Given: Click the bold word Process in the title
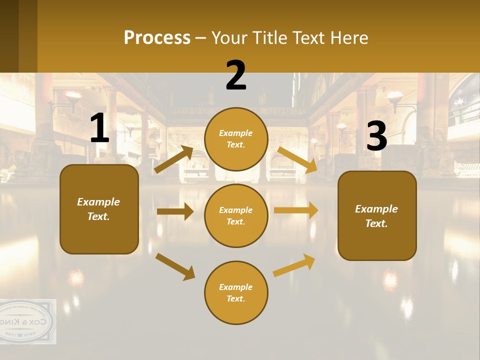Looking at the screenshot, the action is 157,38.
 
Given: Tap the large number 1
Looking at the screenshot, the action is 99,129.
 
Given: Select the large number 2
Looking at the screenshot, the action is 236,76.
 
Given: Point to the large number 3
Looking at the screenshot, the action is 376,137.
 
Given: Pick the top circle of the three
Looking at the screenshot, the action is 236,139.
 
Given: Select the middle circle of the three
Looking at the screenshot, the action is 236,215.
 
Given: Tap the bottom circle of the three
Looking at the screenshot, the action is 236,292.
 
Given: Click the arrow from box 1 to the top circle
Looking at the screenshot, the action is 173,159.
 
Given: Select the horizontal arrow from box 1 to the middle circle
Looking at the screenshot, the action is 175,211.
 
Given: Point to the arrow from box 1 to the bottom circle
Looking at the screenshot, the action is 175,266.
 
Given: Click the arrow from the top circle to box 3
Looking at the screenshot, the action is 298,160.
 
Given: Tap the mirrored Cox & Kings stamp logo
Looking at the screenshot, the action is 27,321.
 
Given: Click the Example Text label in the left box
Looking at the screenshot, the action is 98,209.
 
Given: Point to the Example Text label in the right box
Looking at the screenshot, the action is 376,216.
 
